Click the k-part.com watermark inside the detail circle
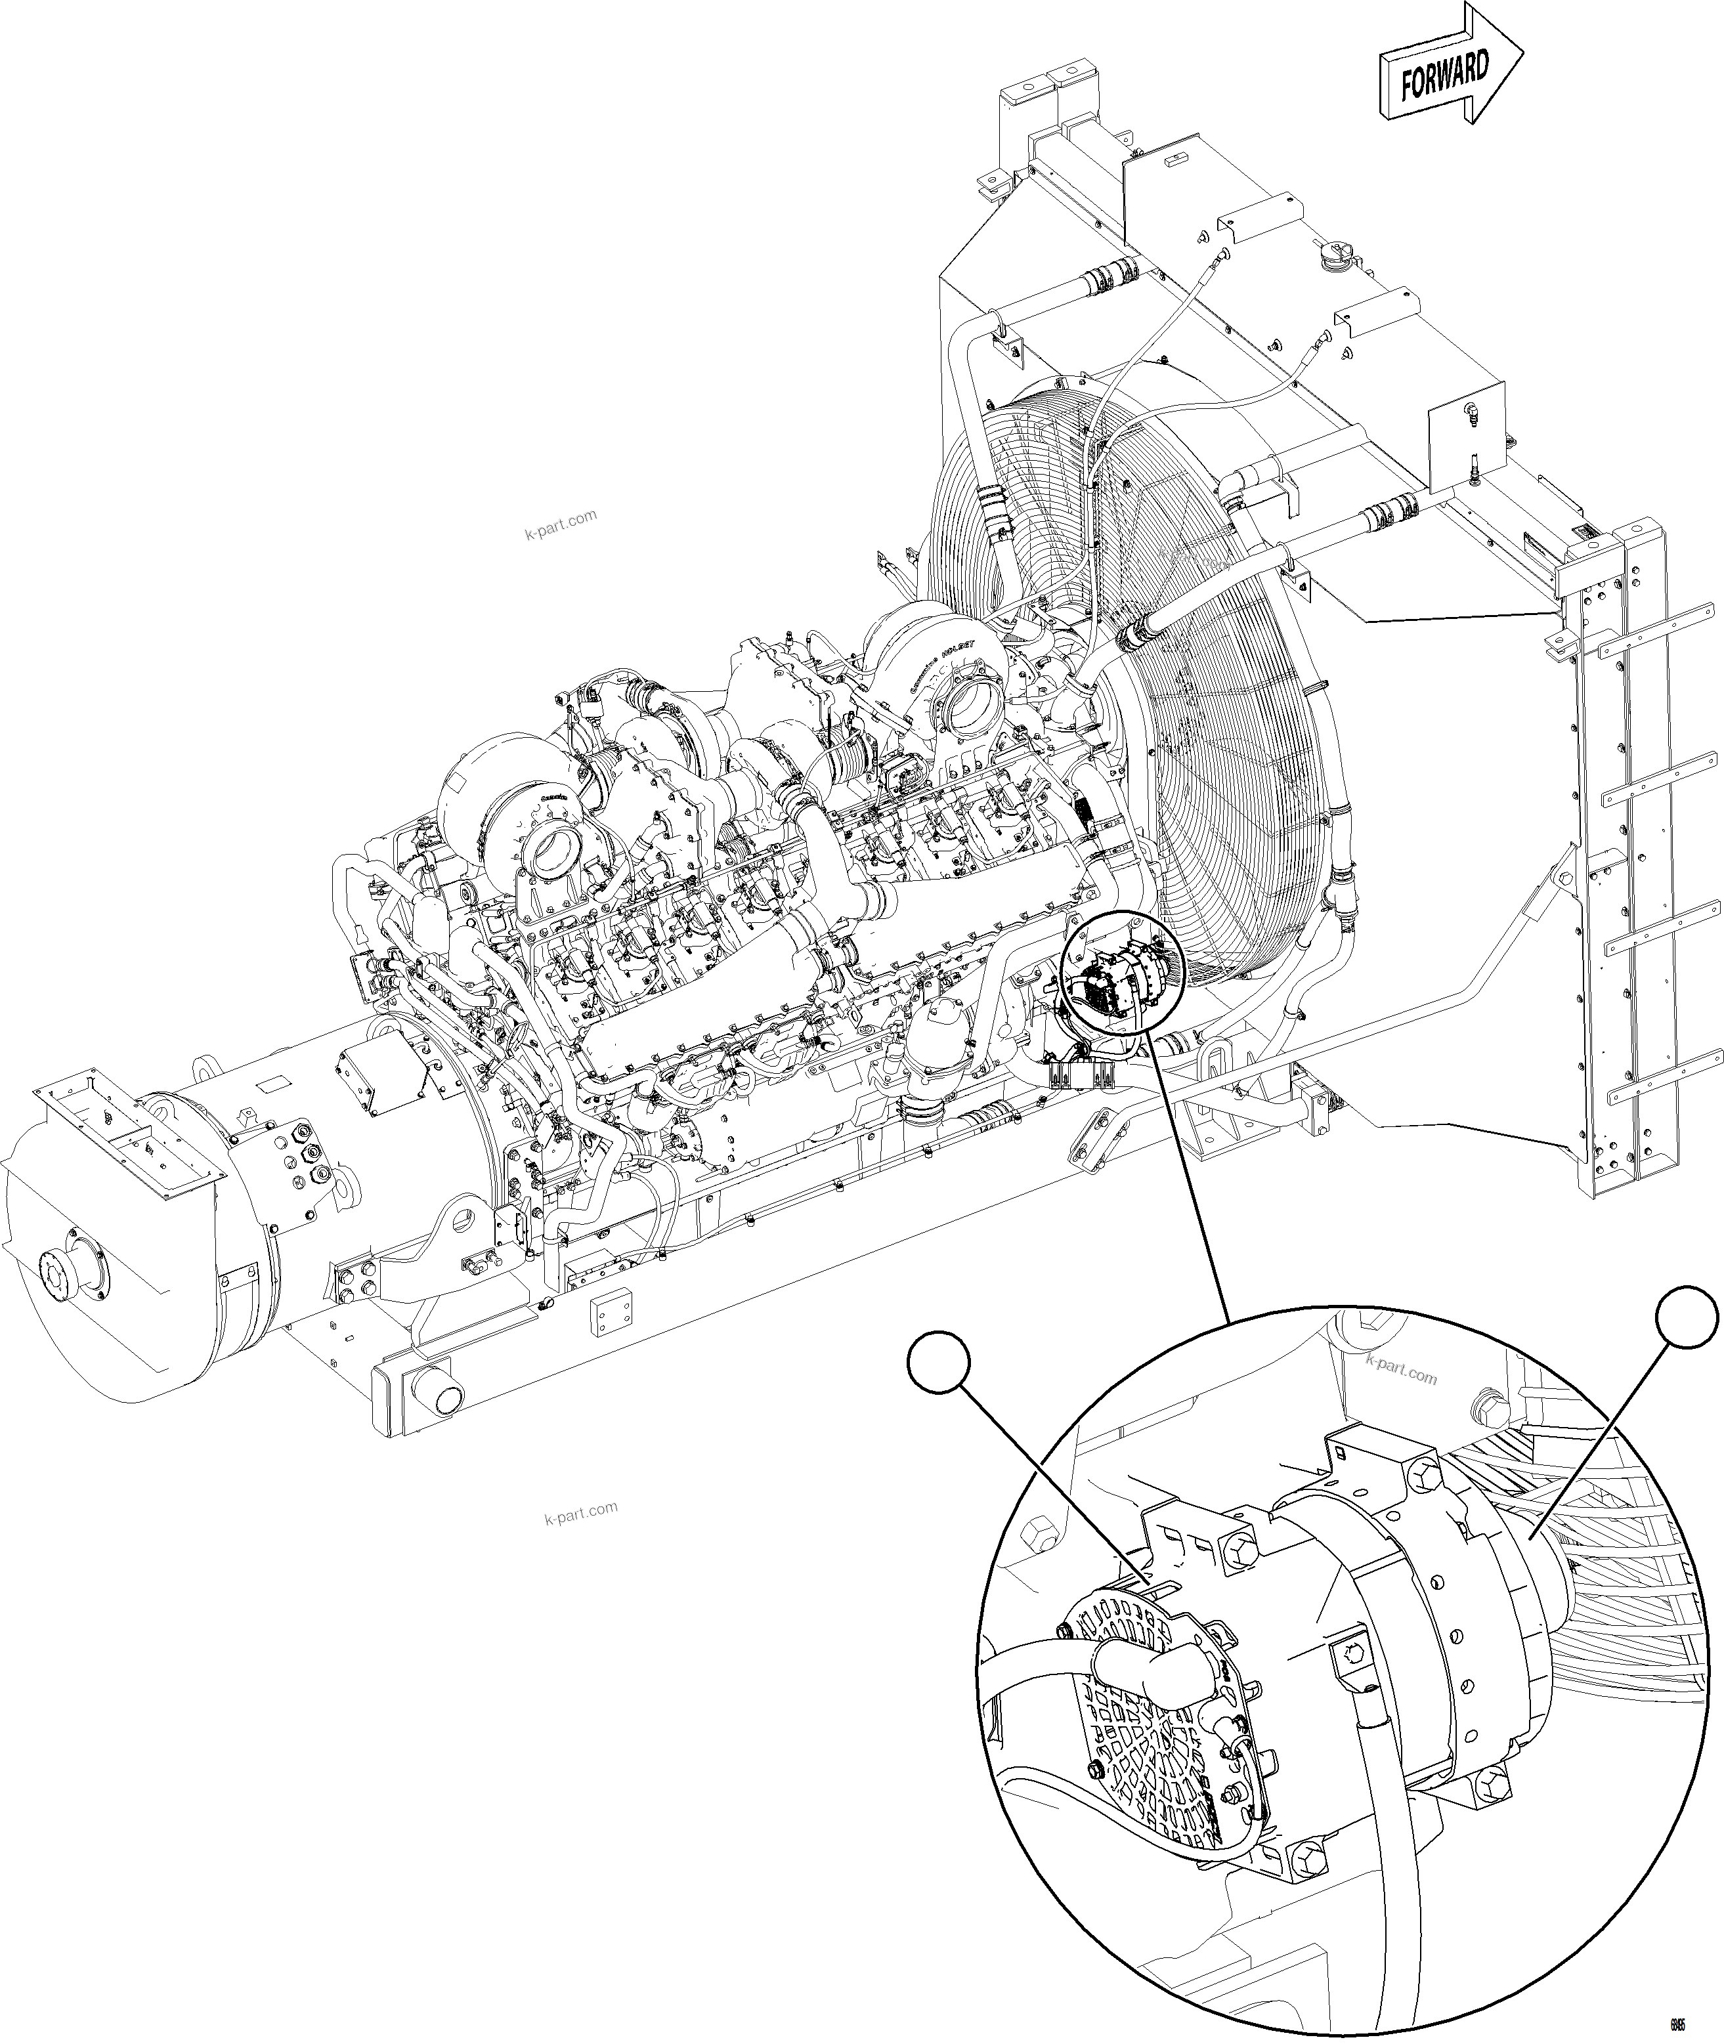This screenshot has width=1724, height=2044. click(x=1400, y=1369)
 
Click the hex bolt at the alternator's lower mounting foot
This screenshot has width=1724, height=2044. click(x=1494, y=1783)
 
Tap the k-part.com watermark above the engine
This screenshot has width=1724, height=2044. click(x=560, y=524)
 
